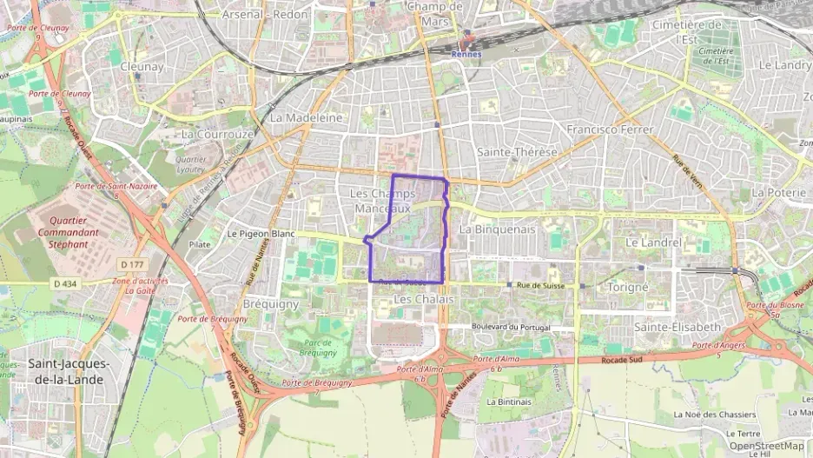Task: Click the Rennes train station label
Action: click(466, 54)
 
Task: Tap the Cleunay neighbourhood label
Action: click(142, 66)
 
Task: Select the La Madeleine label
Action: click(307, 117)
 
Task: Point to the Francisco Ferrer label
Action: click(610, 129)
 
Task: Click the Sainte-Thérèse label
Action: click(517, 152)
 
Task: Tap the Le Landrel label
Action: click(653, 242)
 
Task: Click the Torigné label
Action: click(628, 287)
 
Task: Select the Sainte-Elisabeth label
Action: click(677, 327)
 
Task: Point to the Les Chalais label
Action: click(424, 299)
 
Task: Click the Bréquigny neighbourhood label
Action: click(271, 304)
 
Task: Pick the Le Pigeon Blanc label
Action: click(261, 235)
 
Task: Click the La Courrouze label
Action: click(217, 135)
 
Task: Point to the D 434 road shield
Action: click(65, 283)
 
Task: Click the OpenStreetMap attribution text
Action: click(767, 446)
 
